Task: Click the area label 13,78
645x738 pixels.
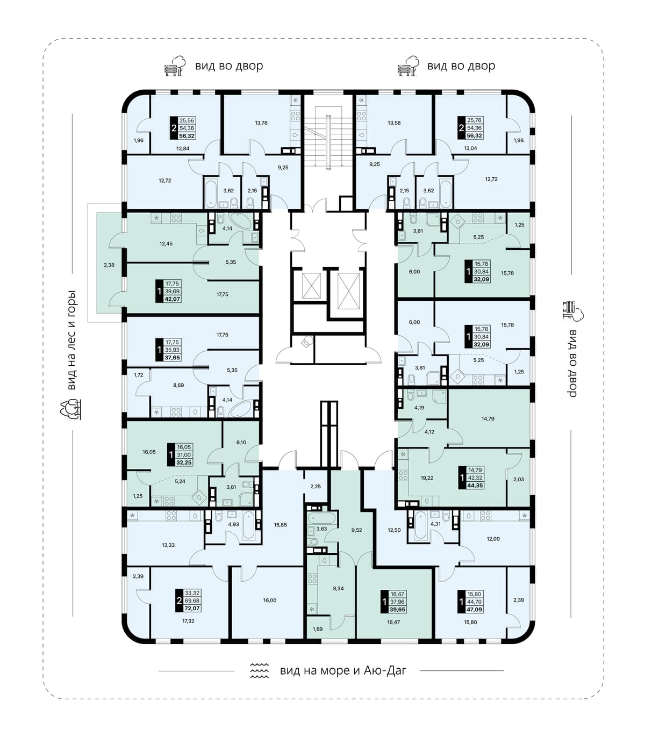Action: [x=261, y=122]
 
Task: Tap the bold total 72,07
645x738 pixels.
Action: [x=192, y=608]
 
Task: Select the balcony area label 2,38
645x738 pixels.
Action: [x=109, y=265]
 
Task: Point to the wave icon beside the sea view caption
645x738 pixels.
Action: [x=260, y=670]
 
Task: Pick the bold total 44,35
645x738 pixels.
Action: [x=475, y=486]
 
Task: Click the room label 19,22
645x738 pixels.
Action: [x=427, y=477]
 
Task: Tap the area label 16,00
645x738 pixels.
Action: [x=270, y=600]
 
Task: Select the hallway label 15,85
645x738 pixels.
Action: [x=281, y=525]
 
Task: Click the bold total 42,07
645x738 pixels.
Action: [x=172, y=299]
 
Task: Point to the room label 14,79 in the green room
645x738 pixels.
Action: [x=488, y=419]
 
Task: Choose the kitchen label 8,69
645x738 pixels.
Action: [x=178, y=385]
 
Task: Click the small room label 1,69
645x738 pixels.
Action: [x=318, y=629]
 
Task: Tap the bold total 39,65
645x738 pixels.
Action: [x=397, y=610]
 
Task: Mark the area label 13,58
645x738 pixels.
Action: [x=394, y=122]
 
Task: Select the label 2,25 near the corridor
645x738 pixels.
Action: [x=316, y=486]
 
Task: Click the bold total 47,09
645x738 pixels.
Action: [x=475, y=610]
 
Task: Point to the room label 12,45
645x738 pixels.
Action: [x=166, y=243]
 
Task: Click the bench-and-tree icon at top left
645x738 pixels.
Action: [x=175, y=66]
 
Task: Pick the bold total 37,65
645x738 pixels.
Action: [x=172, y=358]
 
